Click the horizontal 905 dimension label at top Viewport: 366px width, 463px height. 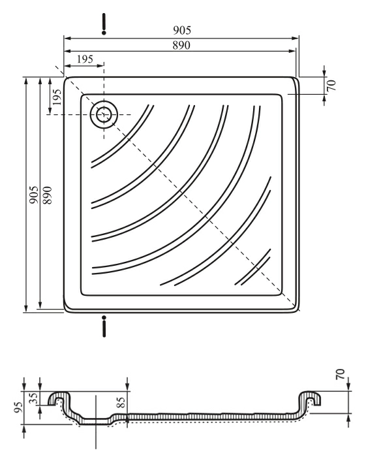[x=182, y=30]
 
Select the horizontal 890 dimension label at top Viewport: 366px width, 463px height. [x=181, y=45]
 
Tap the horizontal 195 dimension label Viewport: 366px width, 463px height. [x=85, y=59]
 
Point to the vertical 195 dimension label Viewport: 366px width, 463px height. [x=55, y=97]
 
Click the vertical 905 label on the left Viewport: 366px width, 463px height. [x=34, y=195]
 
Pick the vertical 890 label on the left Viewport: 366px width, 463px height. [x=47, y=195]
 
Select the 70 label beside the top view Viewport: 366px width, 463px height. [x=331, y=85]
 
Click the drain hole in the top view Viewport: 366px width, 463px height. [x=104, y=114]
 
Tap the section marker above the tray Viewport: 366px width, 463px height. [x=104, y=24]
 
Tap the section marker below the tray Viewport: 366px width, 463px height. [x=104, y=327]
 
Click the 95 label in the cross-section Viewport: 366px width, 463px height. [x=18, y=407]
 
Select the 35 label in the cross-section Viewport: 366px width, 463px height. [x=34, y=398]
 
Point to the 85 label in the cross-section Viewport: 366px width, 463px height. [x=121, y=402]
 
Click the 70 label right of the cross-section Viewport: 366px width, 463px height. [x=340, y=374]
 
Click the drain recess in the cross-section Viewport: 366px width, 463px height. [x=95, y=421]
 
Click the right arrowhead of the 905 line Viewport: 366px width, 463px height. [x=296, y=38]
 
